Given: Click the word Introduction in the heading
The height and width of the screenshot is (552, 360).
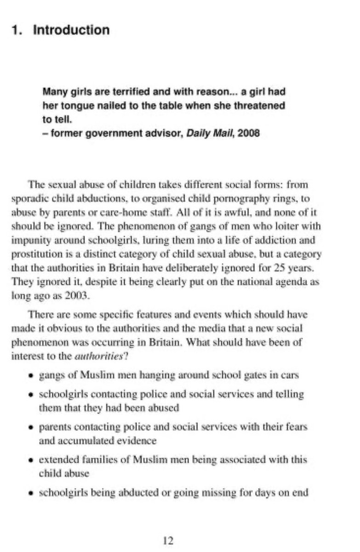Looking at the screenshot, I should (72, 30).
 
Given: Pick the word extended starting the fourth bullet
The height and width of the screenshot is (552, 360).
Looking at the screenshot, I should (56, 460).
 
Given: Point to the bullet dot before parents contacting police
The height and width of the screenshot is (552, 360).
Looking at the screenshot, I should (31, 428).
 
